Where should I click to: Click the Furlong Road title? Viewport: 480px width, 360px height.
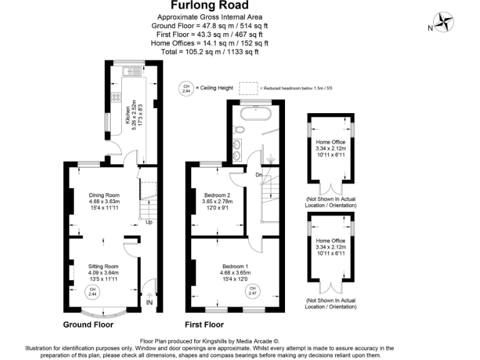[209, 6]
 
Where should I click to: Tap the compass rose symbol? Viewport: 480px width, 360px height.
[446, 22]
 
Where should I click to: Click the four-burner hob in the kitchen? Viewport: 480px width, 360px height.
[116, 97]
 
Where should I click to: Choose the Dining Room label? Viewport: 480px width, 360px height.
[104, 202]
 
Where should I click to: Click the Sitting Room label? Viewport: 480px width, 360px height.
[103, 272]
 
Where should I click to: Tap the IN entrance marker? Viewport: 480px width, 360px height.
[149, 302]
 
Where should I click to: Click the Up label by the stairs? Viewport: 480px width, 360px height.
[149, 222]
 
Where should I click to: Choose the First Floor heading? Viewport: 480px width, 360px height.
[204, 324]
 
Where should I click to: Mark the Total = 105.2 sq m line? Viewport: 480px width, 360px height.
[209, 52]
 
